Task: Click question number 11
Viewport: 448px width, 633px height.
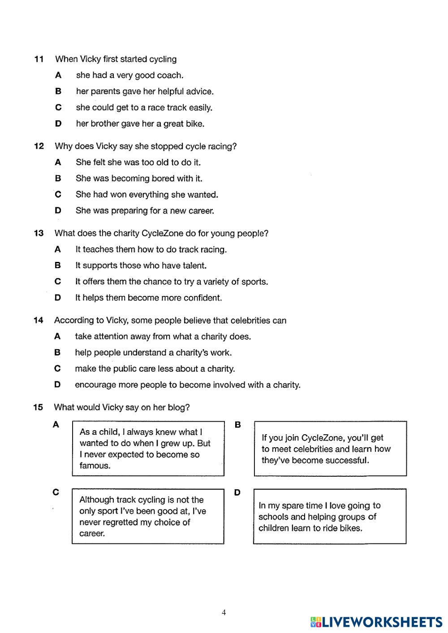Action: [x=39, y=59]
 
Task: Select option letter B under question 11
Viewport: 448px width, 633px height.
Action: [x=58, y=91]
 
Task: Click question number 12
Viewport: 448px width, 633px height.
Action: [x=39, y=146]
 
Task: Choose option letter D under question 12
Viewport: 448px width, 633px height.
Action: [x=58, y=210]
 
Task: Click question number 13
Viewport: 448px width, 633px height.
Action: [x=39, y=233]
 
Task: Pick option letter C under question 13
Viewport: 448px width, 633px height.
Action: [x=58, y=282]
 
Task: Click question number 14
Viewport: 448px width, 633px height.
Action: [x=39, y=321]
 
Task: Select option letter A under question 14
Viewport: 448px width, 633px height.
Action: [x=57, y=336]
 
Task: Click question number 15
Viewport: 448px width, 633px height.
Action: [x=38, y=407]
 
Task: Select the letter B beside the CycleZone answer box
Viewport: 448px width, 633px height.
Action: [x=238, y=424]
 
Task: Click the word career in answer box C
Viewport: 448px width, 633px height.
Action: [x=92, y=534]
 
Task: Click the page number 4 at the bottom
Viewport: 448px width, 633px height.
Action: [x=224, y=612]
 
